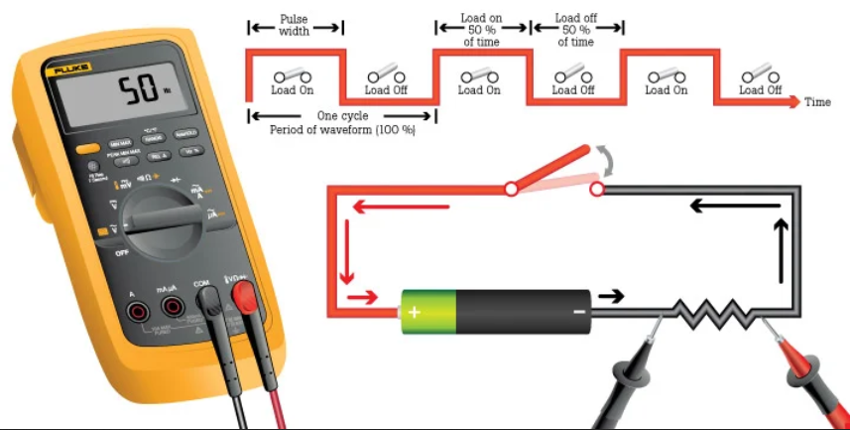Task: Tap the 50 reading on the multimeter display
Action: tap(140, 92)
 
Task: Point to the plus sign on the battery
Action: tap(414, 311)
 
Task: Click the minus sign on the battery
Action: tap(578, 311)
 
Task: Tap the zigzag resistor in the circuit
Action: tap(712, 312)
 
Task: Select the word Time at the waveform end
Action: tap(817, 102)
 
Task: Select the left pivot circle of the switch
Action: tap(511, 188)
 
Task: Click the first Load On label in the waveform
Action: tap(292, 89)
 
